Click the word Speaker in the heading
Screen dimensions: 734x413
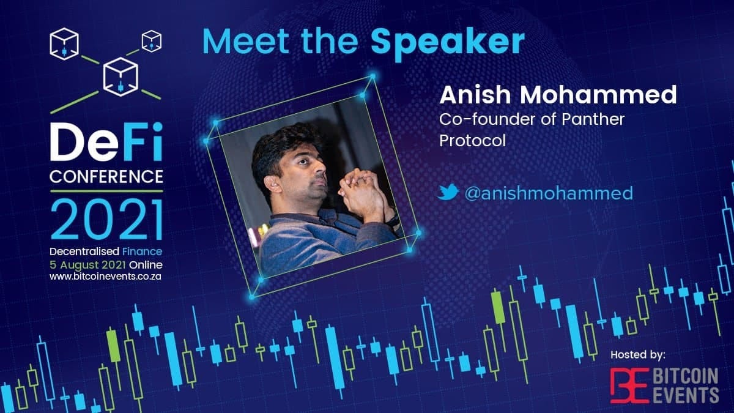[x=448, y=43]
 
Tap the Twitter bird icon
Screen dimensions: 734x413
[x=448, y=192]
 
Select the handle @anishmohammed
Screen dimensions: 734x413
[x=549, y=193]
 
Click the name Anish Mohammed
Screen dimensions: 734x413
[x=558, y=95]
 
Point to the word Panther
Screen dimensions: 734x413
[x=593, y=119]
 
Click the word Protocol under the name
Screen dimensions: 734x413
[x=472, y=140]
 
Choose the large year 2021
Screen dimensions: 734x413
[x=107, y=220]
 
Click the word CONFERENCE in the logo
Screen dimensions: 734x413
[x=106, y=176]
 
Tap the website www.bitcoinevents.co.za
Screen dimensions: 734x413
[x=105, y=277]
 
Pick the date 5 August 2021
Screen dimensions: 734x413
[x=88, y=265]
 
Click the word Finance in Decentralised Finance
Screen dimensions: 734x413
[x=142, y=251]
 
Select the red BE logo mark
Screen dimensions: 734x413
[x=629, y=385]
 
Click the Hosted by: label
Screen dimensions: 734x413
[x=638, y=355]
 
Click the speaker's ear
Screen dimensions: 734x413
[x=273, y=184]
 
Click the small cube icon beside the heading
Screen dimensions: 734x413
[x=152, y=42]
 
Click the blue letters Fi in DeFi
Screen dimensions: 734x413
[x=142, y=141]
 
